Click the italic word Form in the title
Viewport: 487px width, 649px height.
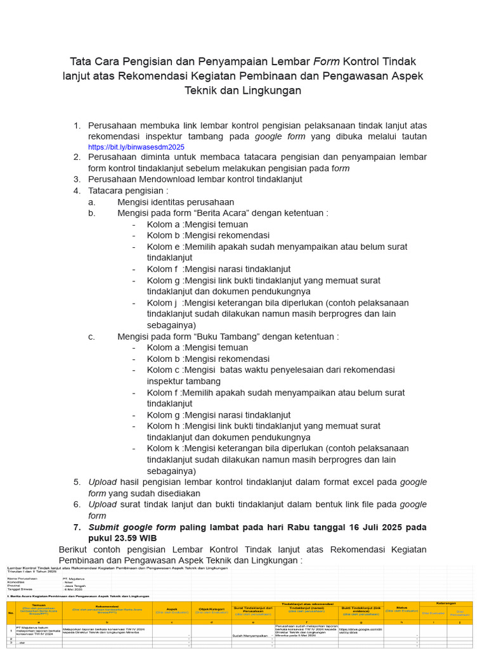pos(326,61)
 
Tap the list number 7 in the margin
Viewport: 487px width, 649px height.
pos(77,527)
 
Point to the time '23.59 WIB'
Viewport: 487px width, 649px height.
pos(136,538)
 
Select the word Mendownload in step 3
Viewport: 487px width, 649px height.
pos(161,179)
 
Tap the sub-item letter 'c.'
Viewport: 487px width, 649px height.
pos(92,337)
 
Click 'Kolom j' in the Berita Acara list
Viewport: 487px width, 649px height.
pos(163,303)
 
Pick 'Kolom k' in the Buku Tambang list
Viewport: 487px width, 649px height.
pos(164,448)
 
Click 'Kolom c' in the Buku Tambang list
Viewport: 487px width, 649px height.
pos(164,369)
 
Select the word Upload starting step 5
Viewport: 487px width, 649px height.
pos(102,482)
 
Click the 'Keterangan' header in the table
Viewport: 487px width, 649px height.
pos(447,603)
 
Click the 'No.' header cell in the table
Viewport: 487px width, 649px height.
pos(10,612)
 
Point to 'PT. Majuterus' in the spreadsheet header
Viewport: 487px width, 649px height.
pos(74,579)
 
